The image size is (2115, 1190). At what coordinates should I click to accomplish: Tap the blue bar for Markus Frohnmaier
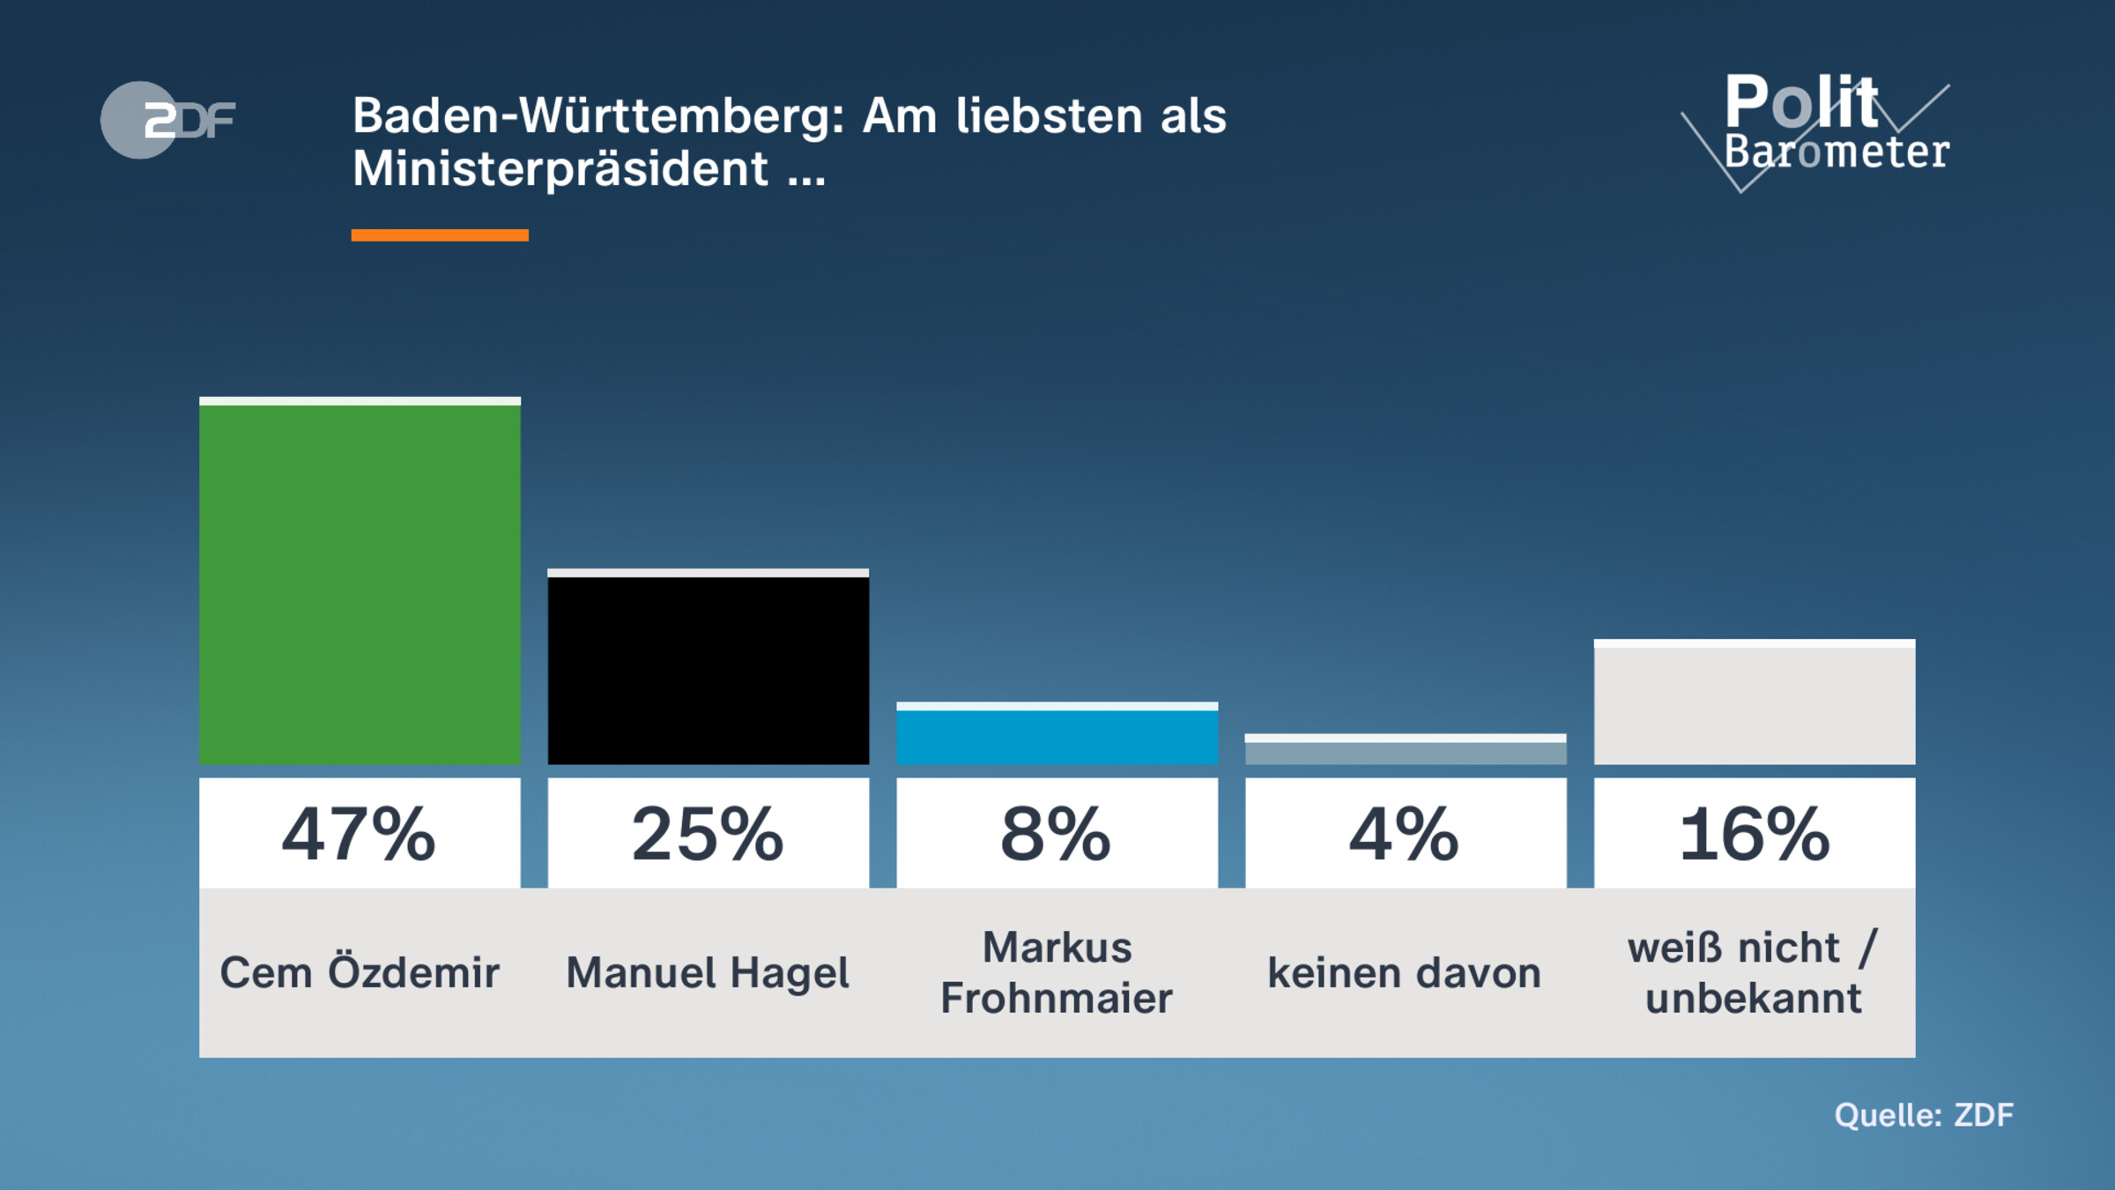1057,735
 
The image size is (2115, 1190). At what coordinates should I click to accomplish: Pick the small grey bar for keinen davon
1405,751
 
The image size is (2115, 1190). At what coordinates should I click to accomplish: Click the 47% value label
360,834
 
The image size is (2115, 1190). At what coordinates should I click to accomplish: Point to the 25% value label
708,834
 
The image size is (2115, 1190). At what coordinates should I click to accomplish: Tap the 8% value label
1057,834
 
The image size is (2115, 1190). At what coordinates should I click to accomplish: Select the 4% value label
1405,834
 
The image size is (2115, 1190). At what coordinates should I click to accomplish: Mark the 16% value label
1754,834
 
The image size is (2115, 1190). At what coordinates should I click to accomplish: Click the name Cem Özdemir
360,973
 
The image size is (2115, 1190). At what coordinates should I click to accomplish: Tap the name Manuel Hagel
708,973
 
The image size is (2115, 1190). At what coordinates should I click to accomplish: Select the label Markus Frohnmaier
1057,973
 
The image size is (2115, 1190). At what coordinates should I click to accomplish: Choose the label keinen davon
1405,973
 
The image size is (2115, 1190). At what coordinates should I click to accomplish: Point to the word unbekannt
1754,999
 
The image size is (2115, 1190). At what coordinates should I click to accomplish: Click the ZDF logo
167,120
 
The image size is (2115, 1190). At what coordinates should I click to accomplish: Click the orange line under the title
440,235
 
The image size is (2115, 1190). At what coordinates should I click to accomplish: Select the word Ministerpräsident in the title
560,168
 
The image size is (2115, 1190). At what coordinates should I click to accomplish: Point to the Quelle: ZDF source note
1924,1115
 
